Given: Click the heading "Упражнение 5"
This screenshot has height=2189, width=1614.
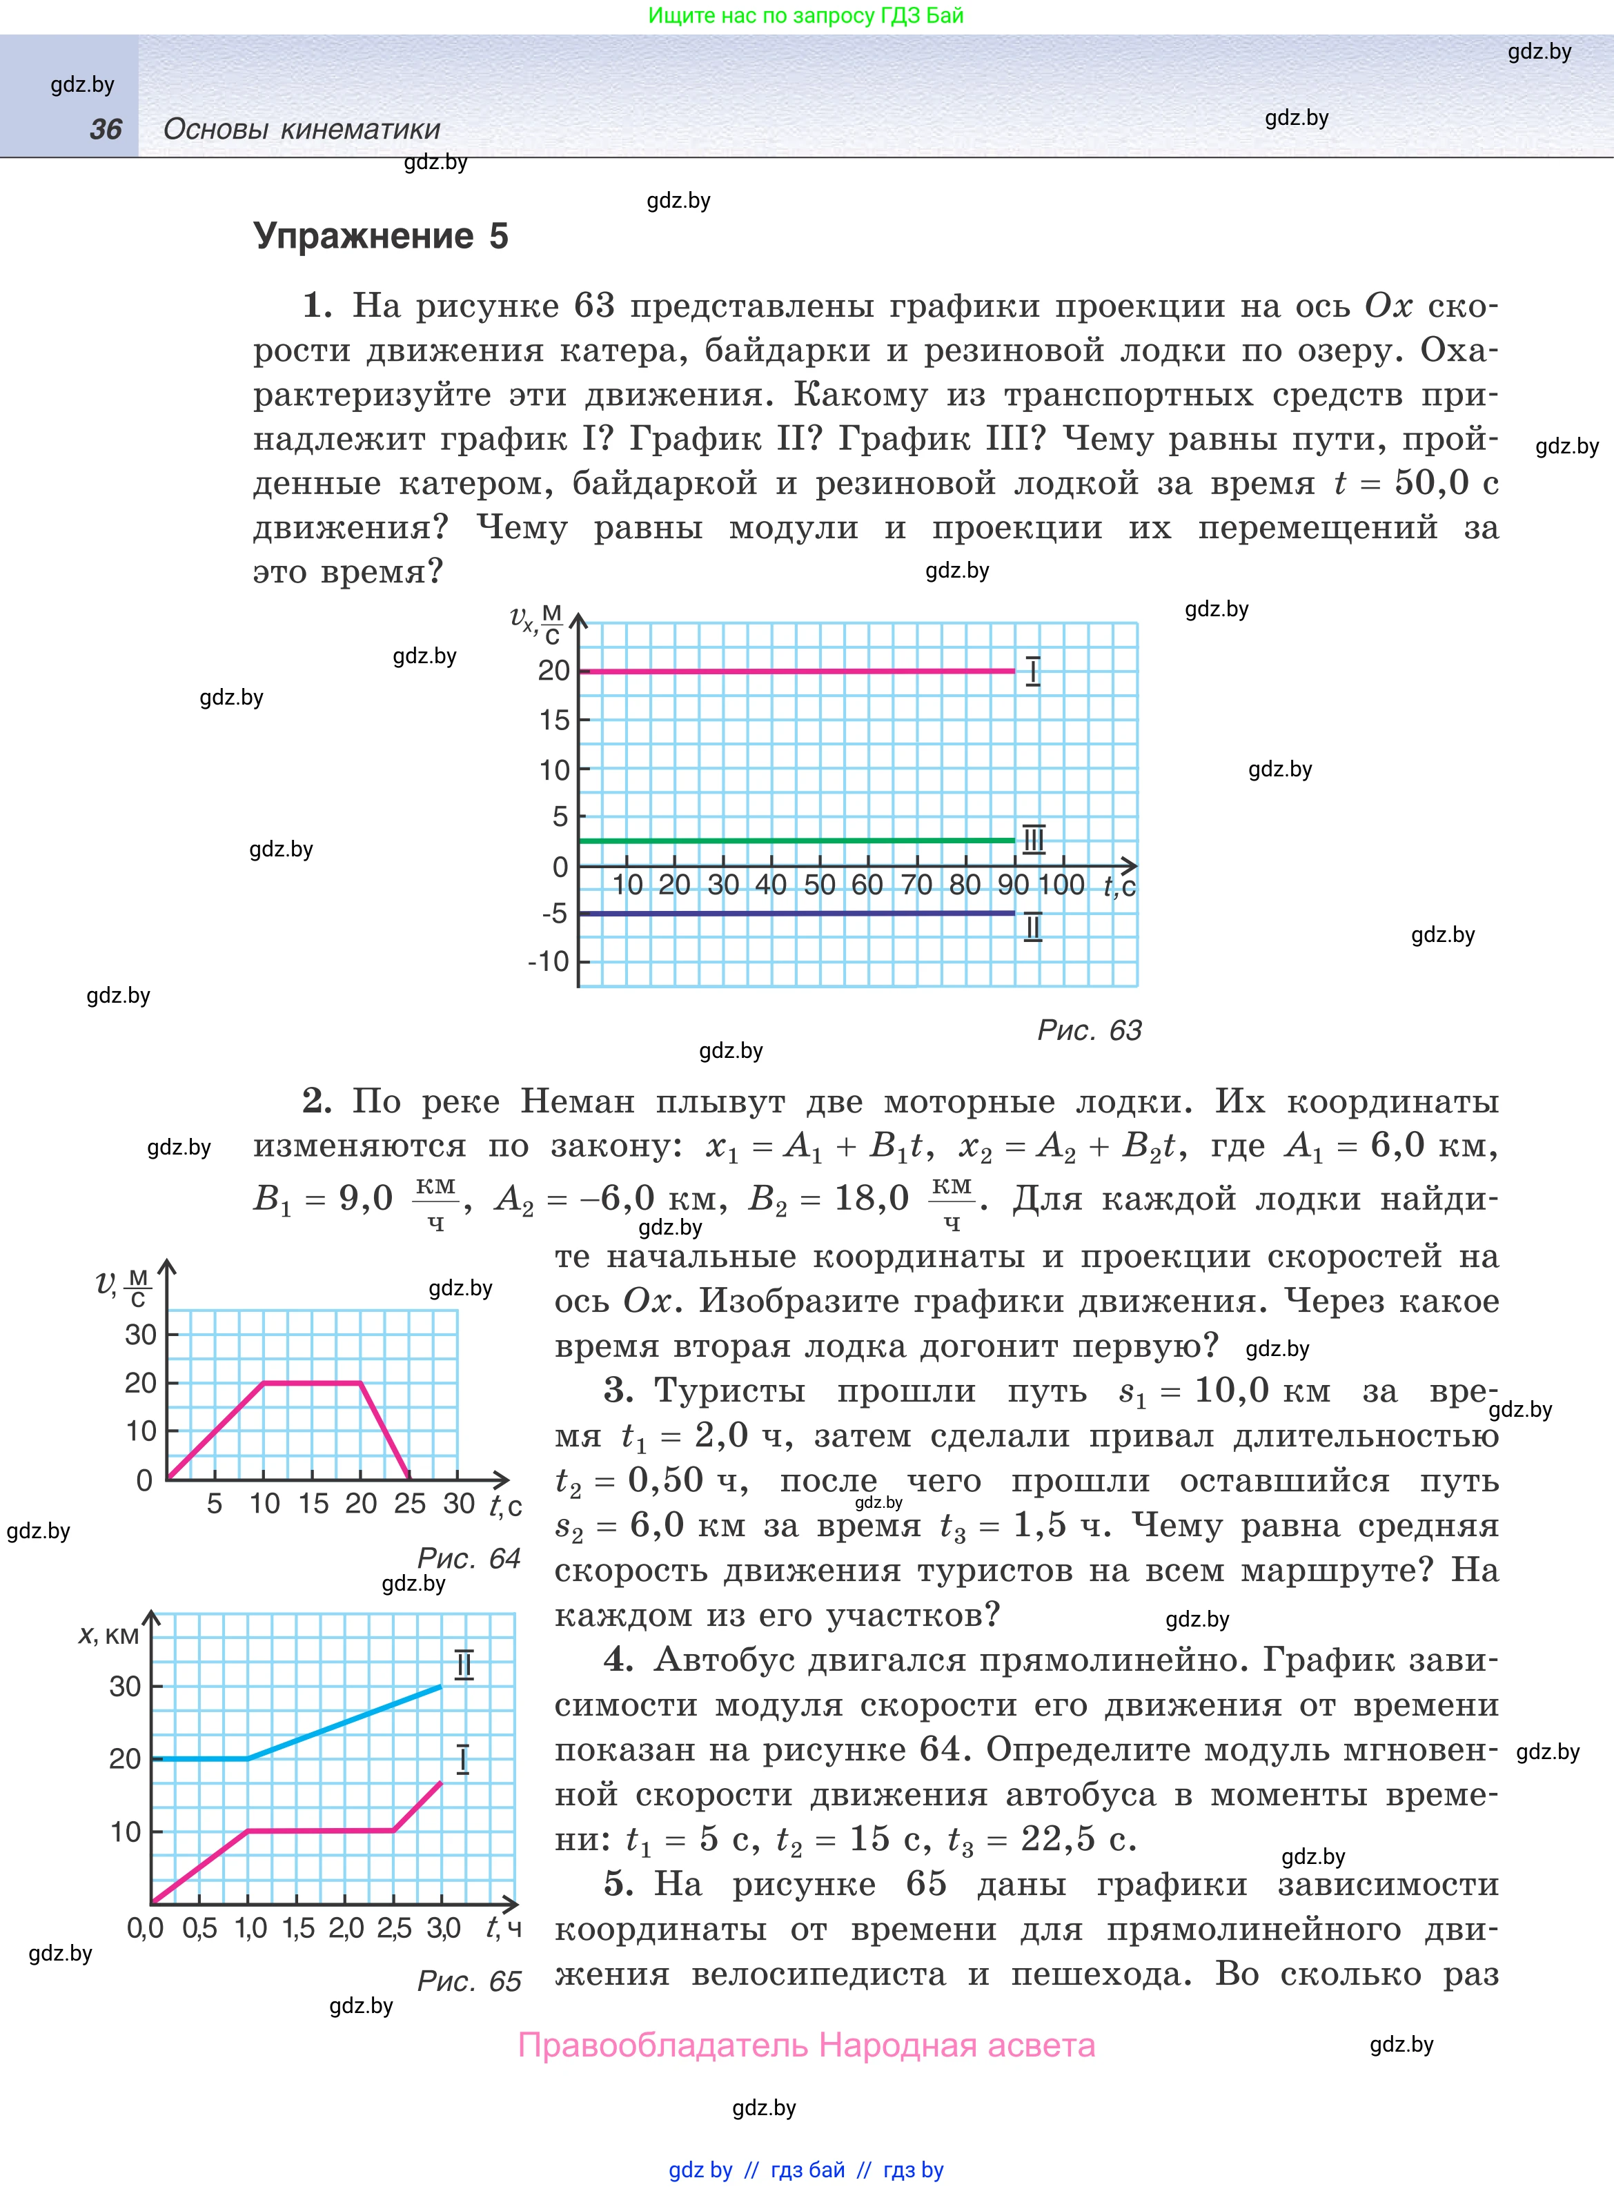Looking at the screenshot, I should [x=380, y=237].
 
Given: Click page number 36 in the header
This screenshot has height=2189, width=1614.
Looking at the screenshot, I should [x=106, y=129].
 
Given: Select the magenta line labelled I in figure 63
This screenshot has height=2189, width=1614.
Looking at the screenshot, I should [x=796, y=671].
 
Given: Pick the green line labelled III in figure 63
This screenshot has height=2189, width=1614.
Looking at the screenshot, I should [x=796, y=840].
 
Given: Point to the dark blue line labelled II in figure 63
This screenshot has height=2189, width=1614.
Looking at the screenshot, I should [x=796, y=913].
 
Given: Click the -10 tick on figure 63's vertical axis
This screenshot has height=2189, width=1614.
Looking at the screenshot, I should [x=548, y=962].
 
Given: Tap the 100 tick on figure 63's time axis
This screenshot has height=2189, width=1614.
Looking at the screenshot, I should [x=1061, y=885].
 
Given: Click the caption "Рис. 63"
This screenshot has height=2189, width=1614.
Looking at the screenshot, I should [x=1088, y=1030].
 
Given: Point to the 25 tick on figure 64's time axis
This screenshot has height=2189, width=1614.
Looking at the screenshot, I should [x=409, y=1503].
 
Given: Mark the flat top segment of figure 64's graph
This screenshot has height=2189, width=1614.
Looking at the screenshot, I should [x=313, y=1383].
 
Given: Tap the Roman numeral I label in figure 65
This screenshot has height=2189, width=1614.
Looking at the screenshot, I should [x=463, y=1759].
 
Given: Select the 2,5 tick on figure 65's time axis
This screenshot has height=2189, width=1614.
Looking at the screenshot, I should [x=395, y=1928].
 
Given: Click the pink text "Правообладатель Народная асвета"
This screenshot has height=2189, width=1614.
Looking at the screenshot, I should [x=806, y=2045].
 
